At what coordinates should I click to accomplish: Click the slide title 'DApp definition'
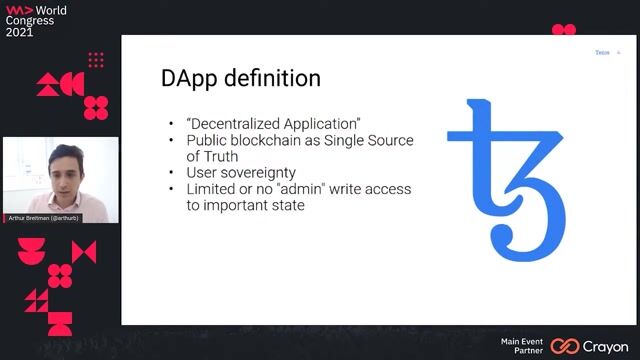[x=240, y=77]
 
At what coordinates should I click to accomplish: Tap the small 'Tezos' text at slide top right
[x=602, y=52]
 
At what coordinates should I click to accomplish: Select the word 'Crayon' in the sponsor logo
[x=606, y=346]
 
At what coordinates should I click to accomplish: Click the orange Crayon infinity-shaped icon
[x=565, y=346]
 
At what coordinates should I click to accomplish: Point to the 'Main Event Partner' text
[x=522, y=346]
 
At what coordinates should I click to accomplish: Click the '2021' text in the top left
[x=19, y=32]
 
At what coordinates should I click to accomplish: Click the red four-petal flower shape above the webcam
[x=96, y=107]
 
